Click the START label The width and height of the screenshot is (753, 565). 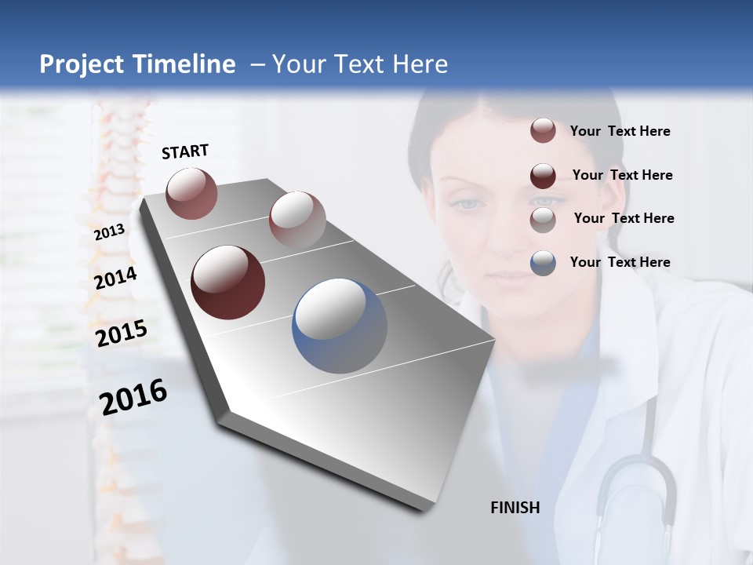click(185, 151)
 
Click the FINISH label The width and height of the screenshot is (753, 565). click(515, 508)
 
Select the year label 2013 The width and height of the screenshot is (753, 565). click(109, 232)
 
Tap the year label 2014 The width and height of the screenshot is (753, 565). click(116, 278)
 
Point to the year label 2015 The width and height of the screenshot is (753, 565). click(122, 333)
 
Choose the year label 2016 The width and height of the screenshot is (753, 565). click(133, 396)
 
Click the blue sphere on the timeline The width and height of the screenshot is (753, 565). click(340, 326)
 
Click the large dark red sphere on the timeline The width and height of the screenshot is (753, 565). click(227, 282)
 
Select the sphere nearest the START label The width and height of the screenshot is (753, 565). click(191, 193)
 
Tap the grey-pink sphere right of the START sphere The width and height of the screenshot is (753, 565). click(297, 219)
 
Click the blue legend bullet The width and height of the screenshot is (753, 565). click(543, 263)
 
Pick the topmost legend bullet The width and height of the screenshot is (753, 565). click(543, 131)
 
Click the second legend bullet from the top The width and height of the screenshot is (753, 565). click(543, 176)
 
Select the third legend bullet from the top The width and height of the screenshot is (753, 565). click(543, 220)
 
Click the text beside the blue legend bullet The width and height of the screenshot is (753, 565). click(620, 262)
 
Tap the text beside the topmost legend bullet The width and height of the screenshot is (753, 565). click(620, 131)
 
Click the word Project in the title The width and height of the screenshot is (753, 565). click(79, 64)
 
